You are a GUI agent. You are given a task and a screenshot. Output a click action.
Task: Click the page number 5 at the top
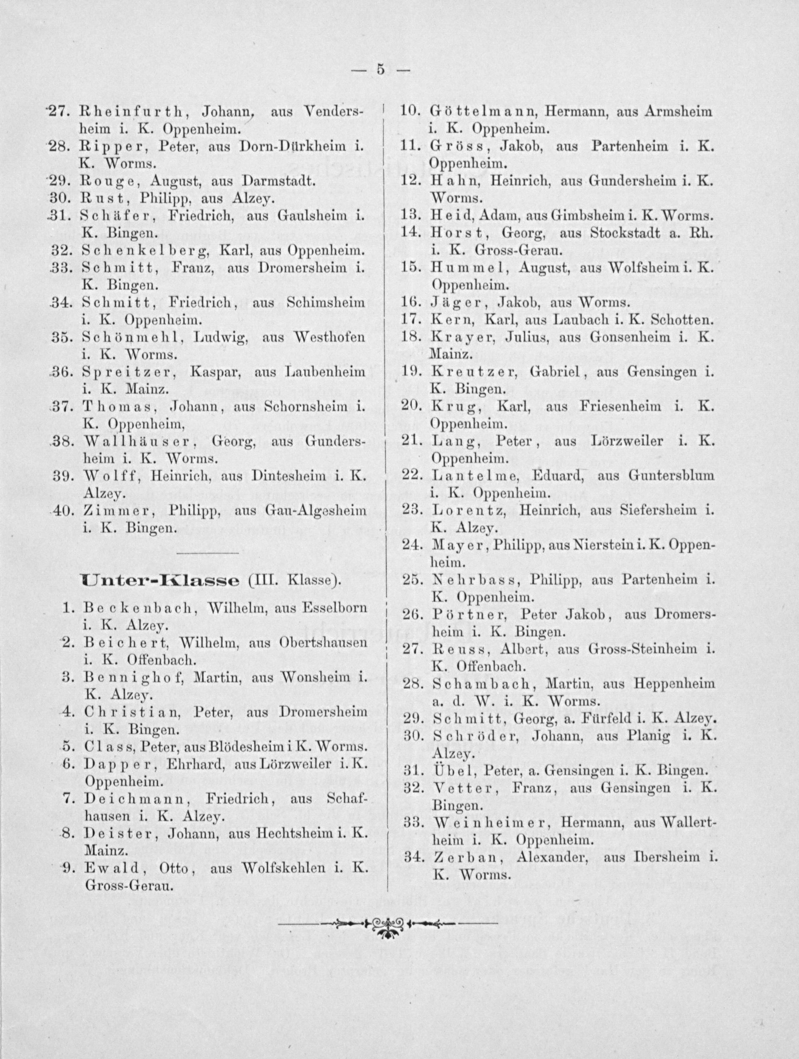pyautogui.click(x=381, y=70)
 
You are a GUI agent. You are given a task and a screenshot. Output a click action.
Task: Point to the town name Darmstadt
pyautogui.click(x=279, y=182)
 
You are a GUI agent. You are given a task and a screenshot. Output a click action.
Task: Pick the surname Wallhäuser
pyautogui.click(x=141, y=441)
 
